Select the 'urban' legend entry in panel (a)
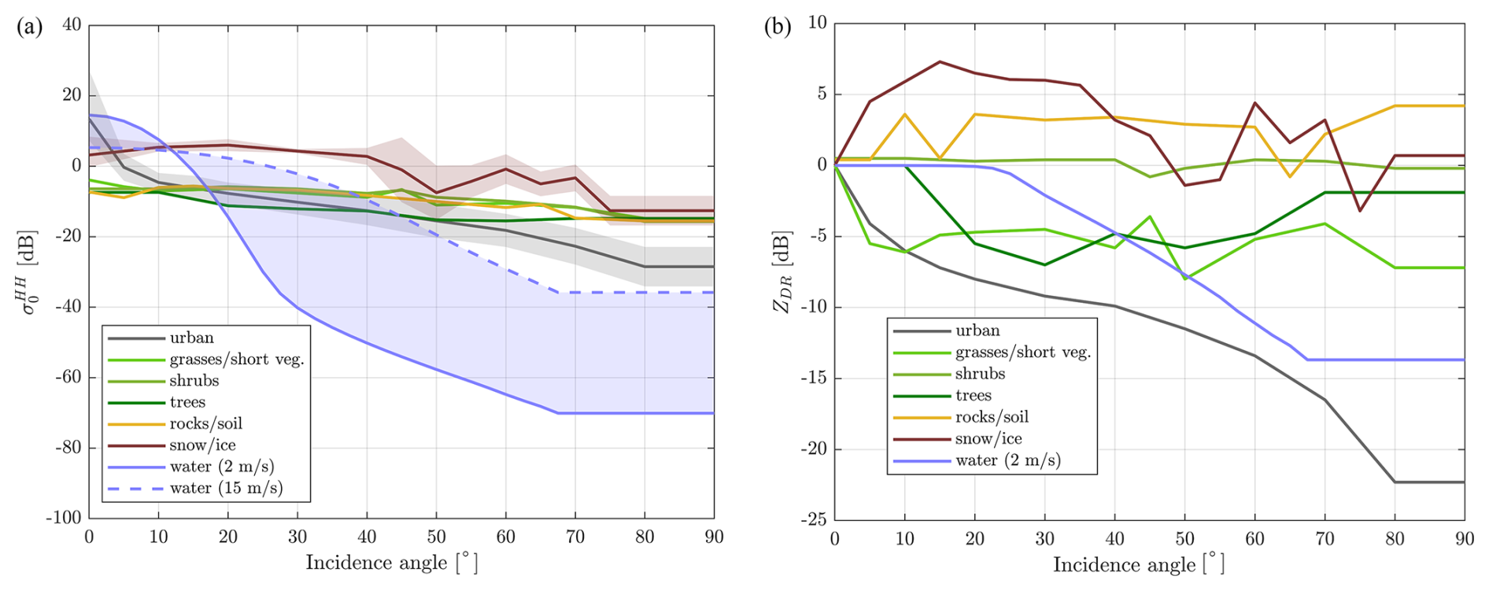click(x=191, y=338)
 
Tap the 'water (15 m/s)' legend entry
click(x=226, y=488)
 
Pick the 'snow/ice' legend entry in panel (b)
click(x=988, y=439)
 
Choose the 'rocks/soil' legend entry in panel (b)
click(x=992, y=417)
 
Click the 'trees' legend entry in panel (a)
click(x=187, y=402)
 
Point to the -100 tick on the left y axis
click(x=64, y=518)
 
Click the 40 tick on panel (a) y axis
click(x=72, y=24)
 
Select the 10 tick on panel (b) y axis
click(x=818, y=23)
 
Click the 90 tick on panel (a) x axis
click(x=713, y=537)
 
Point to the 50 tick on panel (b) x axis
click(x=1184, y=539)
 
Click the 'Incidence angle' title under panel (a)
click(x=391, y=563)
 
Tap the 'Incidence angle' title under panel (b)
click(x=1138, y=565)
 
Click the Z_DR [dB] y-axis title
click(x=781, y=271)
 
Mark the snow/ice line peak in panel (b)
click(x=940, y=61)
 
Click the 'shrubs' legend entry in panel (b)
click(x=980, y=374)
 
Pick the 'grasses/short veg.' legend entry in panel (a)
click(x=236, y=360)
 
